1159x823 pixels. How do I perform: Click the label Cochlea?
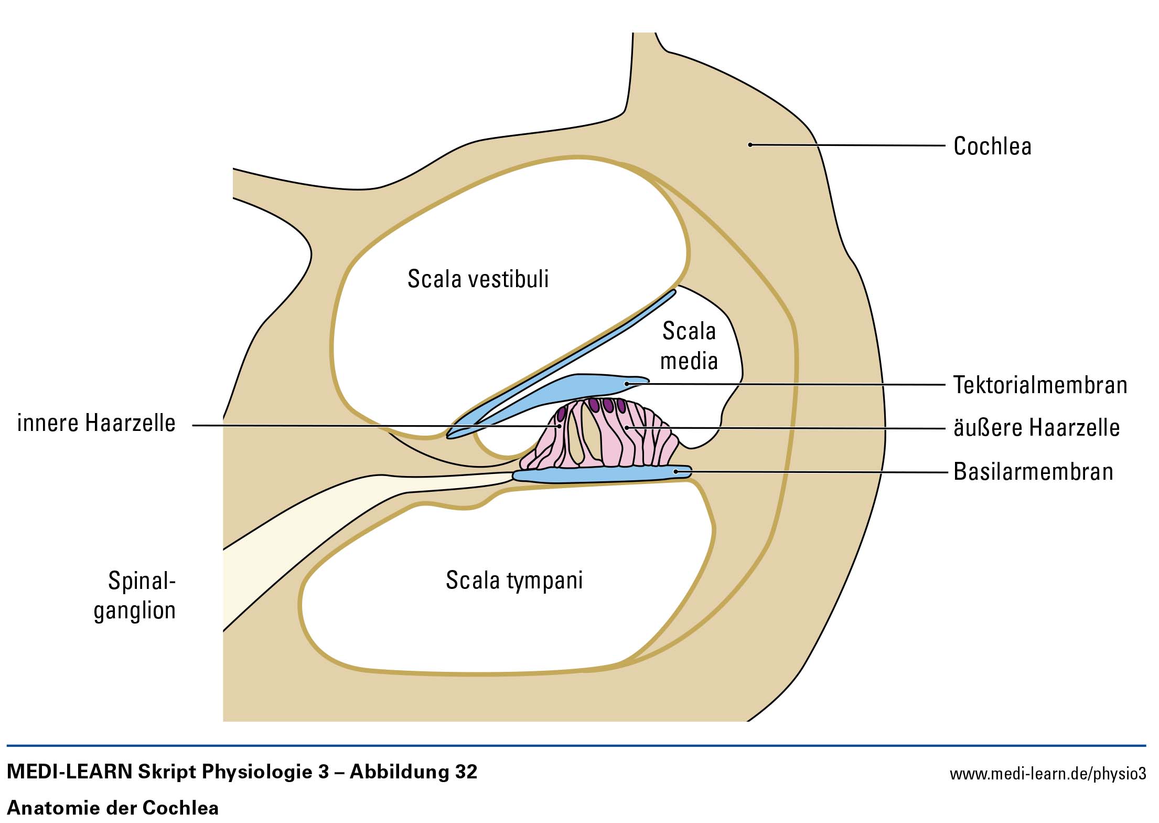tap(992, 146)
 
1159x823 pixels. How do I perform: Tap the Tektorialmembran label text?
tap(1040, 385)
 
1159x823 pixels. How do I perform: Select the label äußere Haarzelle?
tap(1036, 428)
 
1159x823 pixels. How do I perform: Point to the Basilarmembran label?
tap(1033, 471)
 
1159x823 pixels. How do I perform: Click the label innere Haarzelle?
tap(96, 423)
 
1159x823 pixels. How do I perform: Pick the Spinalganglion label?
tap(135, 595)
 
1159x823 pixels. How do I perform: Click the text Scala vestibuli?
tap(478, 279)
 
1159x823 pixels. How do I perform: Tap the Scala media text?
tap(689, 346)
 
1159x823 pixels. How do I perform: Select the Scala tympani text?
tap(514, 580)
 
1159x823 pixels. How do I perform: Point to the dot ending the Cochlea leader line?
tap(750, 145)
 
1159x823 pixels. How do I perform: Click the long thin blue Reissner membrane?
tap(566, 357)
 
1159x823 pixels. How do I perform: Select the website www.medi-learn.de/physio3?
tap(1047, 774)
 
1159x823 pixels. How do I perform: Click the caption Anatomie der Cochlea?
tap(112, 807)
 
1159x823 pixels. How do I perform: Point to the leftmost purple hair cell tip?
tap(561, 414)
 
